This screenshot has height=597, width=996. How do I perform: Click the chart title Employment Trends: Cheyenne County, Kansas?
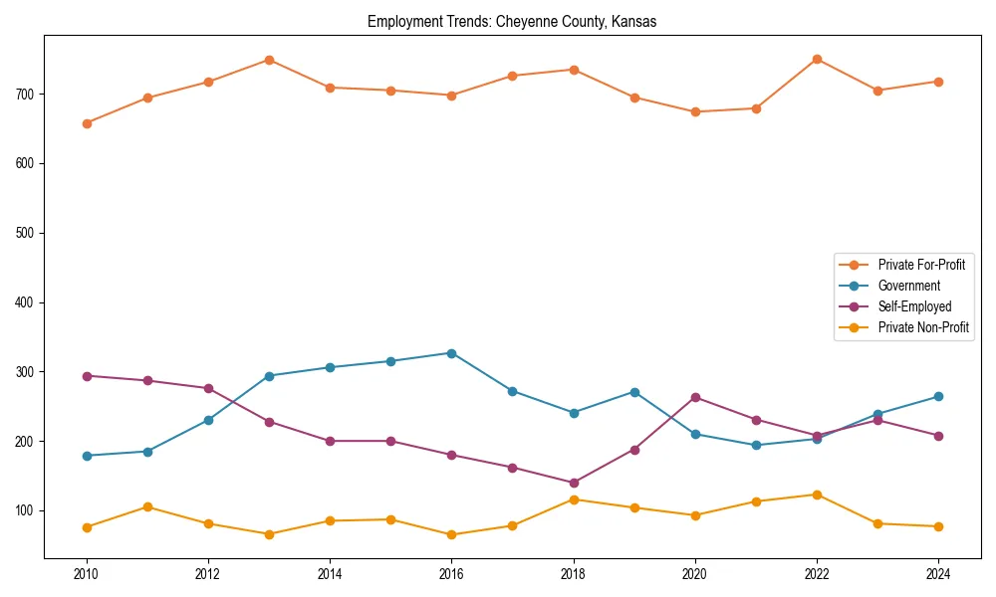(512, 22)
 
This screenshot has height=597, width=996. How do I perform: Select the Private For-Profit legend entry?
(921, 265)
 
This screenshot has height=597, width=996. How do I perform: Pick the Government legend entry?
(908, 286)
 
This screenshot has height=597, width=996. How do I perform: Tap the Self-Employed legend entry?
(914, 306)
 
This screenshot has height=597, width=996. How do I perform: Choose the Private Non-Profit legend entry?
(923, 327)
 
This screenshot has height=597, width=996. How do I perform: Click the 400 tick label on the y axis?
(28, 302)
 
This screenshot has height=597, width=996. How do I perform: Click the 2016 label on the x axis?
(451, 574)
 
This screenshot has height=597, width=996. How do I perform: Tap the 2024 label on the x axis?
(938, 574)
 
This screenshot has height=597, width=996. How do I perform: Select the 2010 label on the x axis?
(87, 574)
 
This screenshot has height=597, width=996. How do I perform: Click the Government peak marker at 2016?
(451, 353)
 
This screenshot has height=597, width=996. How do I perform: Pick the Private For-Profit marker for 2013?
(269, 60)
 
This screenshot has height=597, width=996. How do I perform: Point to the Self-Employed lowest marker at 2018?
(574, 483)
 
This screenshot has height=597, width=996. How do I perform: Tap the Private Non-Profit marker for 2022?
(817, 495)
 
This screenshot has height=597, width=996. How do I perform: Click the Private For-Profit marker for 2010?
(87, 123)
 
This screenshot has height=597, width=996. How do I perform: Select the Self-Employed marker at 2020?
(695, 397)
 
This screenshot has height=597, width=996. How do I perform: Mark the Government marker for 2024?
(938, 397)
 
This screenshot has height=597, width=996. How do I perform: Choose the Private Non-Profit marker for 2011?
(147, 506)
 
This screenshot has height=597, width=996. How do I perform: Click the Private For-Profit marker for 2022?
(817, 59)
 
